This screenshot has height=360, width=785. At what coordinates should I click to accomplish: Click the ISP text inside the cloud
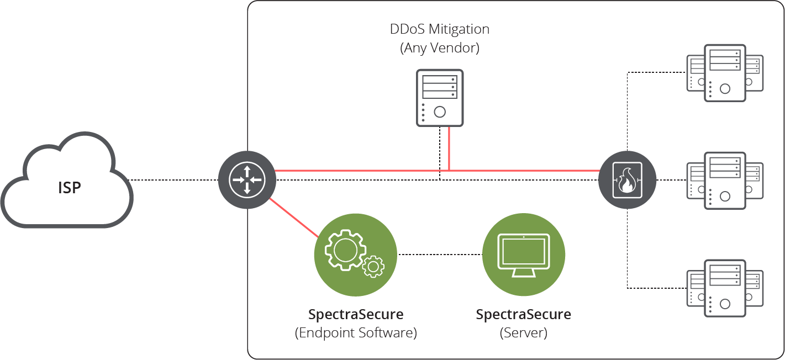pyautogui.click(x=70, y=188)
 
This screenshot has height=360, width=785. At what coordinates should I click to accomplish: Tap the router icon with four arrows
pyautogui.click(x=247, y=179)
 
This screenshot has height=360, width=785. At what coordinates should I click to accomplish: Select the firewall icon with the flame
pyautogui.click(x=627, y=180)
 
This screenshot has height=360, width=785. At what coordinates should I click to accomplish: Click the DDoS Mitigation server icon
pyautogui.click(x=439, y=97)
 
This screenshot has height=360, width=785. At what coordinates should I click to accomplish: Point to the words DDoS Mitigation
pyautogui.click(x=439, y=29)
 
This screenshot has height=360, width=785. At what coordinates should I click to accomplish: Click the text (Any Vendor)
pyautogui.click(x=439, y=48)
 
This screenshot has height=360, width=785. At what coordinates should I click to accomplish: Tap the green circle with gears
pyautogui.click(x=355, y=254)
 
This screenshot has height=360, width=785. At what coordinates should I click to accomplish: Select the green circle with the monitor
pyautogui.click(x=523, y=254)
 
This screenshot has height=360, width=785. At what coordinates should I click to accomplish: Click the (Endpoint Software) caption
pyautogui.click(x=356, y=333)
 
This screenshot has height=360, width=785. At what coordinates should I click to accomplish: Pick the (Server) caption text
pyautogui.click(x=523, y=333)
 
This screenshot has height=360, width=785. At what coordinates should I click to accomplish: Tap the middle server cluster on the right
pyautogui.click(x=724, y=180)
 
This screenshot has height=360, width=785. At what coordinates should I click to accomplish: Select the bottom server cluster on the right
pyautogui.click(x=724, y=288)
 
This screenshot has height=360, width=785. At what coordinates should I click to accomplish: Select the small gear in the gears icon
pyautogui.click(x=373, y=267)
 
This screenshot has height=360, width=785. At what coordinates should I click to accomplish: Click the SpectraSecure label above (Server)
pyautogui.click(x=523, y=315)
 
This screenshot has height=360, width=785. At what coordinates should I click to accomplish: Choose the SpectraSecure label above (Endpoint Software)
pyautogui.click(x=356, y=315)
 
